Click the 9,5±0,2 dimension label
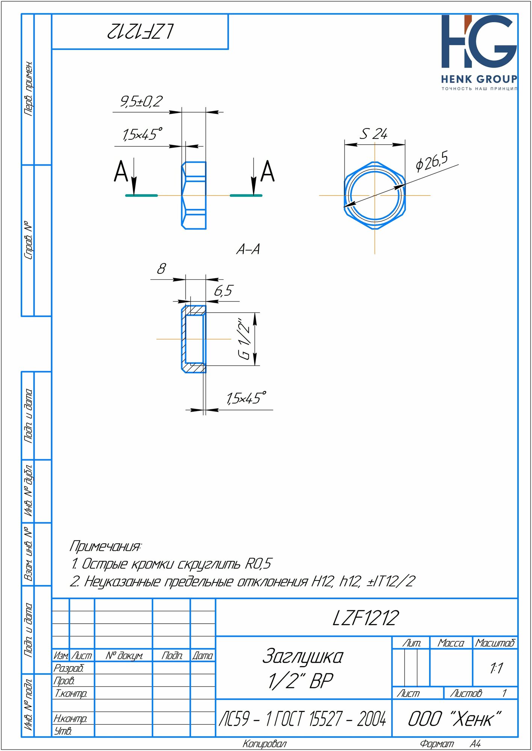[x=141, y=101]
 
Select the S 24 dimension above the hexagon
[x=373, y=134]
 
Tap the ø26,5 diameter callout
[x=432, y=161]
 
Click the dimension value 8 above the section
[x=161, y=269]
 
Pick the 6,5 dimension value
[x=224, y=291]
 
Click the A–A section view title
[x=248, y=249]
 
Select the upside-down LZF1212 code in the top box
[x=140, y=32]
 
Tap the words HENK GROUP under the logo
[x=479, y=79]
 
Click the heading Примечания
[x=105, y=546]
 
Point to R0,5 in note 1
[x=258, y=564]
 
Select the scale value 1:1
[x=496, y=668]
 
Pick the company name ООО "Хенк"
[x=455, y=719]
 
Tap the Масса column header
[x=451, y=643]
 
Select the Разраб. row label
[x=68, y=668]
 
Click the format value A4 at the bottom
[x=475, y=744]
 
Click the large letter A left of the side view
[x=121, y=172]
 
